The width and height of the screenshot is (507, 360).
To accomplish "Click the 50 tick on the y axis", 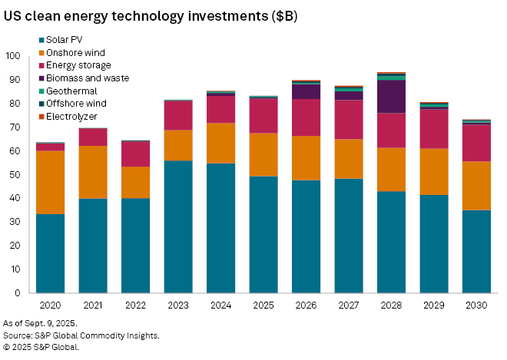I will pyautogui.click(x=15, y=174).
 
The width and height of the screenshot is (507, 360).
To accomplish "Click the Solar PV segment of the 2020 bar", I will pyautogui.click(x=51, y=253).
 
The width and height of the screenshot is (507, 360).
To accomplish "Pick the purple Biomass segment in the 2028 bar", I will pyautogui.click(x=391, y=97).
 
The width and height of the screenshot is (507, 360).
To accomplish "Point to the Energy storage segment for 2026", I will pyautogui.click(x=306, y=117).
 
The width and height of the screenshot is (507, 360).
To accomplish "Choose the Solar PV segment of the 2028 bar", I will pyautogui.click(x=391, y=242).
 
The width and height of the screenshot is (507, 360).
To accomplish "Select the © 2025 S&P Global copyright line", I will pyautogui.click(x=41, y=347).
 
